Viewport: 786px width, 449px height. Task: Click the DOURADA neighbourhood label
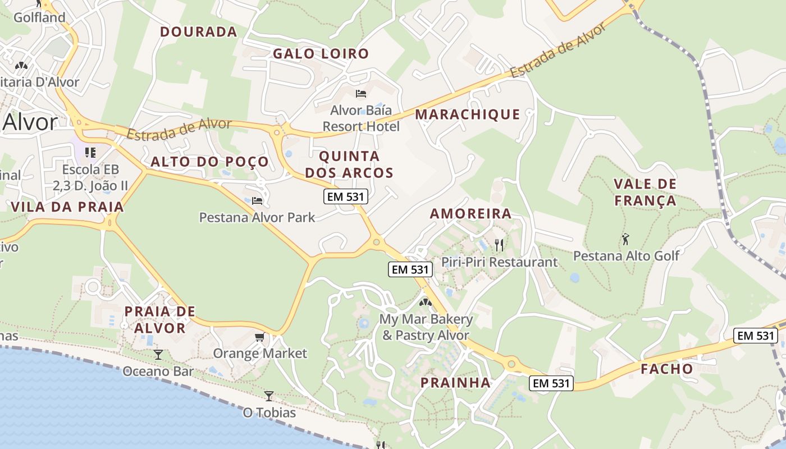pos(199,32)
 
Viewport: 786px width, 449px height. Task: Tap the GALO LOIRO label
pos(321,54)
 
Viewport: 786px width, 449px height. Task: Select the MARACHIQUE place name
pos(468,115)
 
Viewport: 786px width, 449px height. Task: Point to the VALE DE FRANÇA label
pos(645,192)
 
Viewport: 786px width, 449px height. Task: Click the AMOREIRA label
pos(470,214)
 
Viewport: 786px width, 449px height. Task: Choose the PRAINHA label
pos(456,383)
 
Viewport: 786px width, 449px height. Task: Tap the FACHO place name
pos(667,369)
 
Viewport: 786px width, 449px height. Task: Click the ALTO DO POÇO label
pos(210,162)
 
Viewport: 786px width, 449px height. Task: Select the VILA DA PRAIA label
pos(67,207)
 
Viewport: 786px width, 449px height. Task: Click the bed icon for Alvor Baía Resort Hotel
pos(361,94)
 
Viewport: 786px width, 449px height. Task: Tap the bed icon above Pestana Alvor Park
pos(257,200)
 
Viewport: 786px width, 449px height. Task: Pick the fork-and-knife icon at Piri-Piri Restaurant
pos(499,245)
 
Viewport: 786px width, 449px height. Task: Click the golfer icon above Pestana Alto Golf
pos(626,239)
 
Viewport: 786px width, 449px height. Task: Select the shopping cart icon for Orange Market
pos(259,337)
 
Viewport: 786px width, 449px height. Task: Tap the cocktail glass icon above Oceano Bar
pos(158,354)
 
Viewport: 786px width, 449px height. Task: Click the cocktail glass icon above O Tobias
pos(269,396)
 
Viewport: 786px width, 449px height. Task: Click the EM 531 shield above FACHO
pos(756,336)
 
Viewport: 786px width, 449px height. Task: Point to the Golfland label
pos(39,17)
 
